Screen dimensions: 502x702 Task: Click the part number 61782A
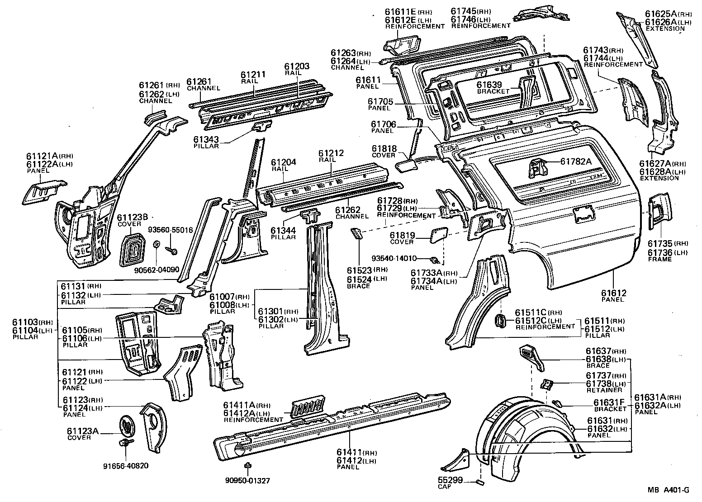coord(576,161)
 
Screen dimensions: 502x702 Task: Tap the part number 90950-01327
coord(247,480)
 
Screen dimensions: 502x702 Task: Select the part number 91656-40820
coord(126,466)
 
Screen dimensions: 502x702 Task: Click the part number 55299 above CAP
coord(450,480)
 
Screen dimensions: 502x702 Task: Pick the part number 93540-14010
coord(394,259)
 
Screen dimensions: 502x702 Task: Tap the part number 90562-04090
coord(157,270)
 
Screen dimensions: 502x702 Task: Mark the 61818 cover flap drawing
coord(405,166)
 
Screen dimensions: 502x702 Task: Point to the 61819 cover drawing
coord(437,234)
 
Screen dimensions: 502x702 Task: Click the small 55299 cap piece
coord(481,482)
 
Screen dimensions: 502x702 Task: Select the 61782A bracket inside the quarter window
coord(537,170)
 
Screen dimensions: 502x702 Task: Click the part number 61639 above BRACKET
coord(489,85)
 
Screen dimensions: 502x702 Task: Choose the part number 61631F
coord(609,403)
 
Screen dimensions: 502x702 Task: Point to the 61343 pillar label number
coord(206,140)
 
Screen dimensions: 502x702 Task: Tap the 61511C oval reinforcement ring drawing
coord(501,319)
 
